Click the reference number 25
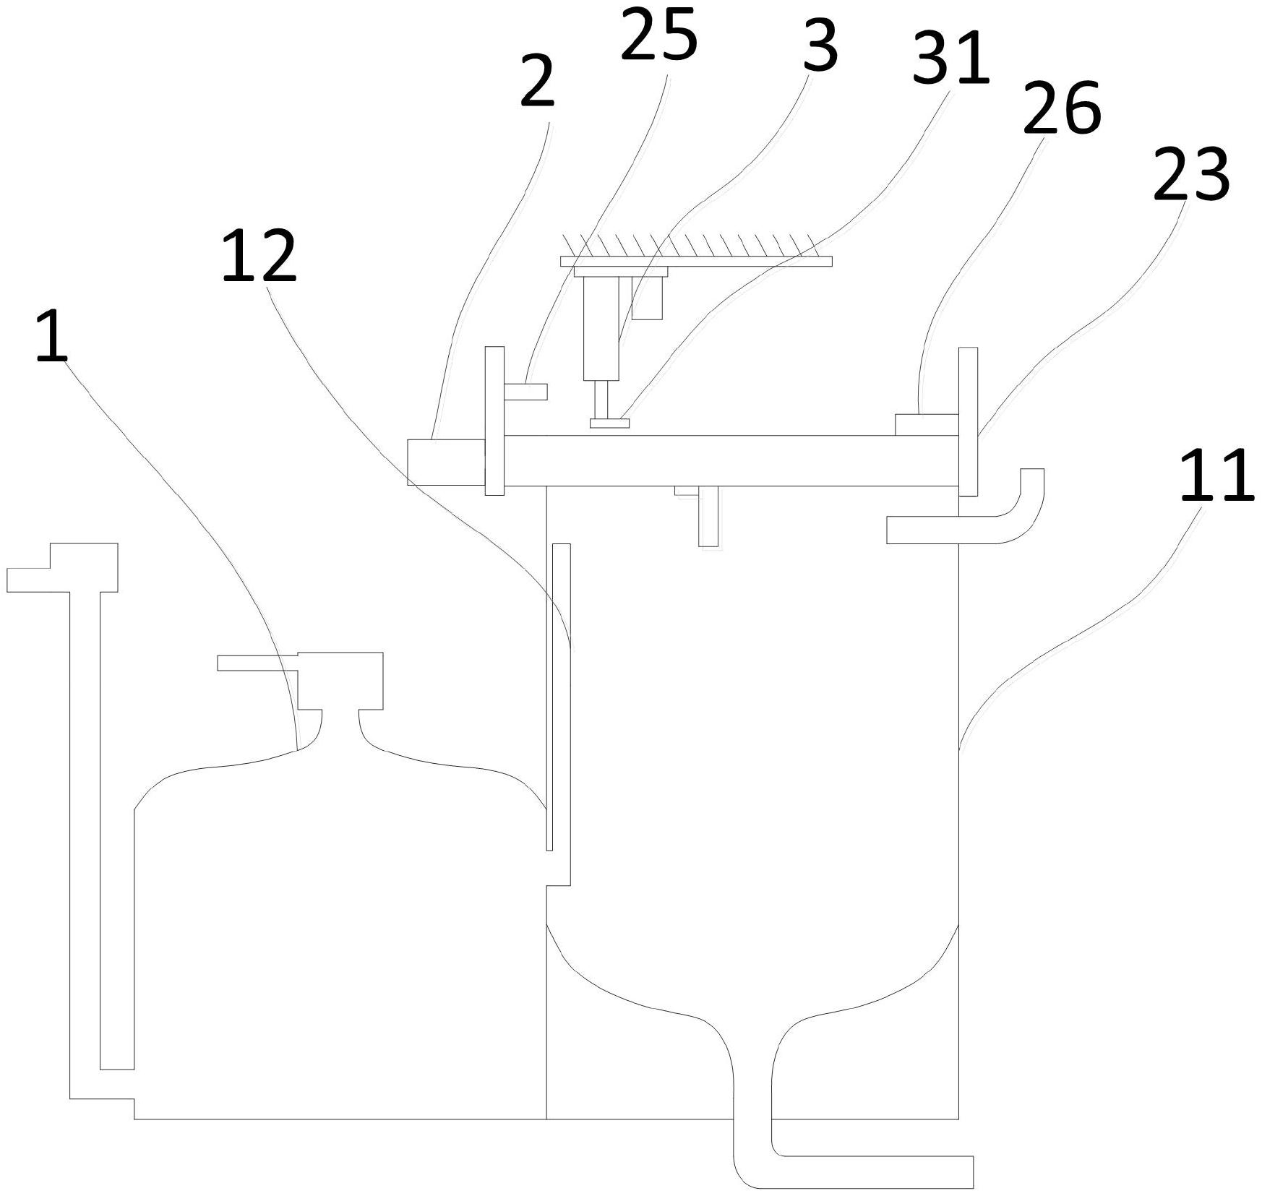658,35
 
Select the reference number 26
1061,108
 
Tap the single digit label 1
51,337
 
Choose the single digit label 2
537,82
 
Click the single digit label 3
820,45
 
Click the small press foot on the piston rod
609,423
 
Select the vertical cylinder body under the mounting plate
601,329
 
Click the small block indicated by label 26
926,425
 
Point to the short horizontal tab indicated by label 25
525,392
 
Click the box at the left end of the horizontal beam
445,462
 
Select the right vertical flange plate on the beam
968,421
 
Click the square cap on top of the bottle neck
340,680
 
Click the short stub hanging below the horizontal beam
708,517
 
